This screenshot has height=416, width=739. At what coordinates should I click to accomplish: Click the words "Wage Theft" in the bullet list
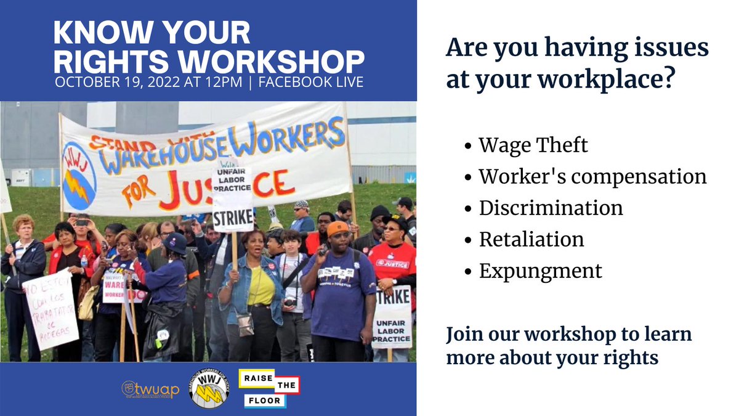pos(533,145)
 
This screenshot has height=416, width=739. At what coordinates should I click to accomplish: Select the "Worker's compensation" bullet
pos(592,177)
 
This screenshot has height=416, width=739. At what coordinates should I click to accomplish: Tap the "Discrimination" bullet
pos(551,208)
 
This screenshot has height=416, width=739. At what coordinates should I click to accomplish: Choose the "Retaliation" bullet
pos(531,239)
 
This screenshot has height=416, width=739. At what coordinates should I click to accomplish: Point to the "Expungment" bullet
pos(540,271)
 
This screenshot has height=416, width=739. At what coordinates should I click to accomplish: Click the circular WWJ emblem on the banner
pos(79,175)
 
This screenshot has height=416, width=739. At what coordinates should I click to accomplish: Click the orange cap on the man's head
pos(337,228)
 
